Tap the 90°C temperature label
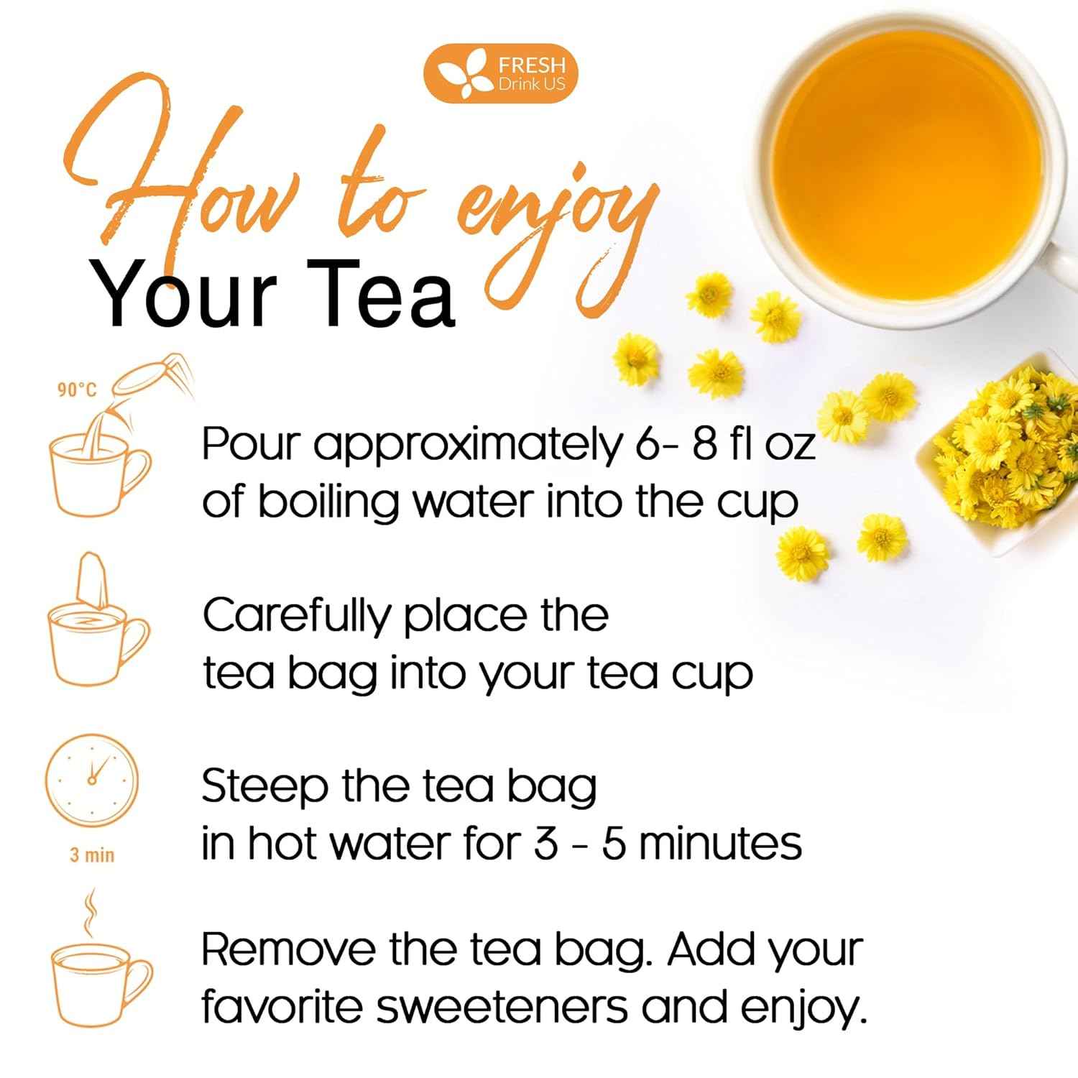pos(77,390)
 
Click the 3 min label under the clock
pos(91,854)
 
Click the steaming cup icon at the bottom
pos(100,970)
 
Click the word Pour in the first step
pos(249,444)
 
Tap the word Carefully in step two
pos(296,617)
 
